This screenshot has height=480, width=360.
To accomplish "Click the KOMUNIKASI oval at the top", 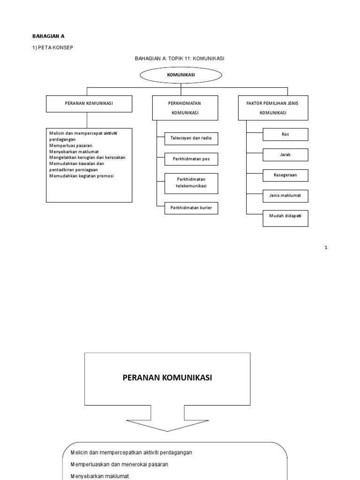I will pyautogui.click(x=181, y=75).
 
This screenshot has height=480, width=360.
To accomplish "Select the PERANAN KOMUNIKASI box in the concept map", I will pyautogui.click(x=89, y=104).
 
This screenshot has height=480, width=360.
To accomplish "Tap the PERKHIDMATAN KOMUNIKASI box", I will pyautogui.click(x=185, y=107).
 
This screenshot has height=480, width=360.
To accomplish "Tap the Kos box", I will pyautogui.click(x=285, y=134).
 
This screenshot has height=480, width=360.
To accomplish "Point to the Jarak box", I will pyautogui.click(x=285, y=155).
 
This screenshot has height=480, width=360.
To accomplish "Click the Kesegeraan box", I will pyautogui.click(x=285, y=175).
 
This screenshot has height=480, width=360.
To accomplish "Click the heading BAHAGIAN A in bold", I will pyautogui.click(x=48, y=36).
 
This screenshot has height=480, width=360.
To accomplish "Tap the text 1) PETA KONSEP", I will pyautogui.click(x=52, y=48).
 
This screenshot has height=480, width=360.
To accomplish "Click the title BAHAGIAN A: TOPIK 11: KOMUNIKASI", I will pyautogui.click(x=180, y=58).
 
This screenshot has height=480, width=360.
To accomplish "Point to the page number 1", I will pyautogui.click(x=326, y=247).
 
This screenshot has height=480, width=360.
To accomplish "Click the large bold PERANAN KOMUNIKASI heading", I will pyautogui.click(x=167, y=378).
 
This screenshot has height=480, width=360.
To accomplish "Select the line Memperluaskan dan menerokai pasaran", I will pyautogui.click(x=119, y=464).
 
